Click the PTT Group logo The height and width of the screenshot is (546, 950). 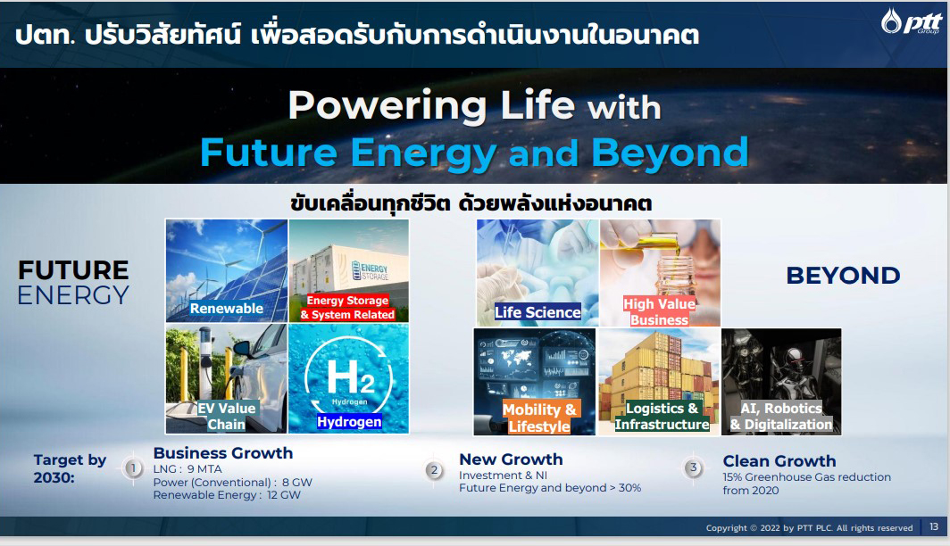(x=912, y=21)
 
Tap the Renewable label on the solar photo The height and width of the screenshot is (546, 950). (x=227, y=308)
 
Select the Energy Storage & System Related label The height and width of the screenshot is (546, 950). (x=348, y=308)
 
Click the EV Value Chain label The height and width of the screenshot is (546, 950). (x=227, y=416)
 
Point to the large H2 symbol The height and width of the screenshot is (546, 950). (x=351, y=377)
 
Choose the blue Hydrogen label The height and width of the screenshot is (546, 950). (x=350, y=422)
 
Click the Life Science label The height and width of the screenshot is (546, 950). (x=537, y=312)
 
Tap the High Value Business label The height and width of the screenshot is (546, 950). (x=659, y=311)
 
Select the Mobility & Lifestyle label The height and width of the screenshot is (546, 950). (x=539, y=418)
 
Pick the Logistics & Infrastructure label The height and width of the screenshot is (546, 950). (x=662, y=417)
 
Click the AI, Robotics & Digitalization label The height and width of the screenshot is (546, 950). (x=781, y=417)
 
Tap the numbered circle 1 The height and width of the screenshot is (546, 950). (x=133, y=467)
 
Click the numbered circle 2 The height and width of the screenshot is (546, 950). (x=434, y=470)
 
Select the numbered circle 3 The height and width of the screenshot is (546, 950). (x=694, y=467)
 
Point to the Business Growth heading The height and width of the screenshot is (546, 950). (x=223, y=453)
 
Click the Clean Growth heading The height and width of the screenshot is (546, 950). (x=779, y=460)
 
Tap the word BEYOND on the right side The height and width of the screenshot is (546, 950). (x=843, y=276)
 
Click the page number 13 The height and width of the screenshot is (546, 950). (x=934, y=526)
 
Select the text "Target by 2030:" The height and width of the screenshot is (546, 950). (x=70, y=468)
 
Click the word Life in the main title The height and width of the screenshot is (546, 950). (x=537, y=105)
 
